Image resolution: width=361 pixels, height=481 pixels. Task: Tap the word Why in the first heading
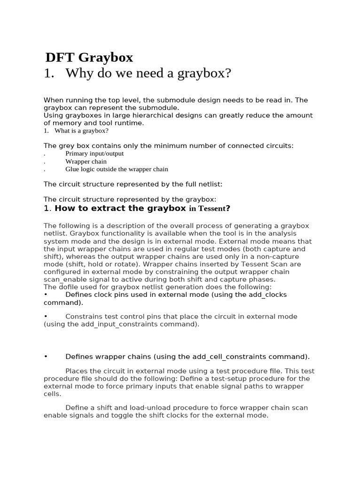[79, 73]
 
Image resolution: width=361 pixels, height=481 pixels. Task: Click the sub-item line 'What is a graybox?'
[81, 131]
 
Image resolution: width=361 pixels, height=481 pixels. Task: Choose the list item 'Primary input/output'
[94, 154]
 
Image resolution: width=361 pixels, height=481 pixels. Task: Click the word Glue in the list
[72, 169]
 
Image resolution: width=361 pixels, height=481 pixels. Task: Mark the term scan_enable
[63, 279]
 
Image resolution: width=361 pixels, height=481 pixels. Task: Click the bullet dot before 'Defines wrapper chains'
[46, 356]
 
